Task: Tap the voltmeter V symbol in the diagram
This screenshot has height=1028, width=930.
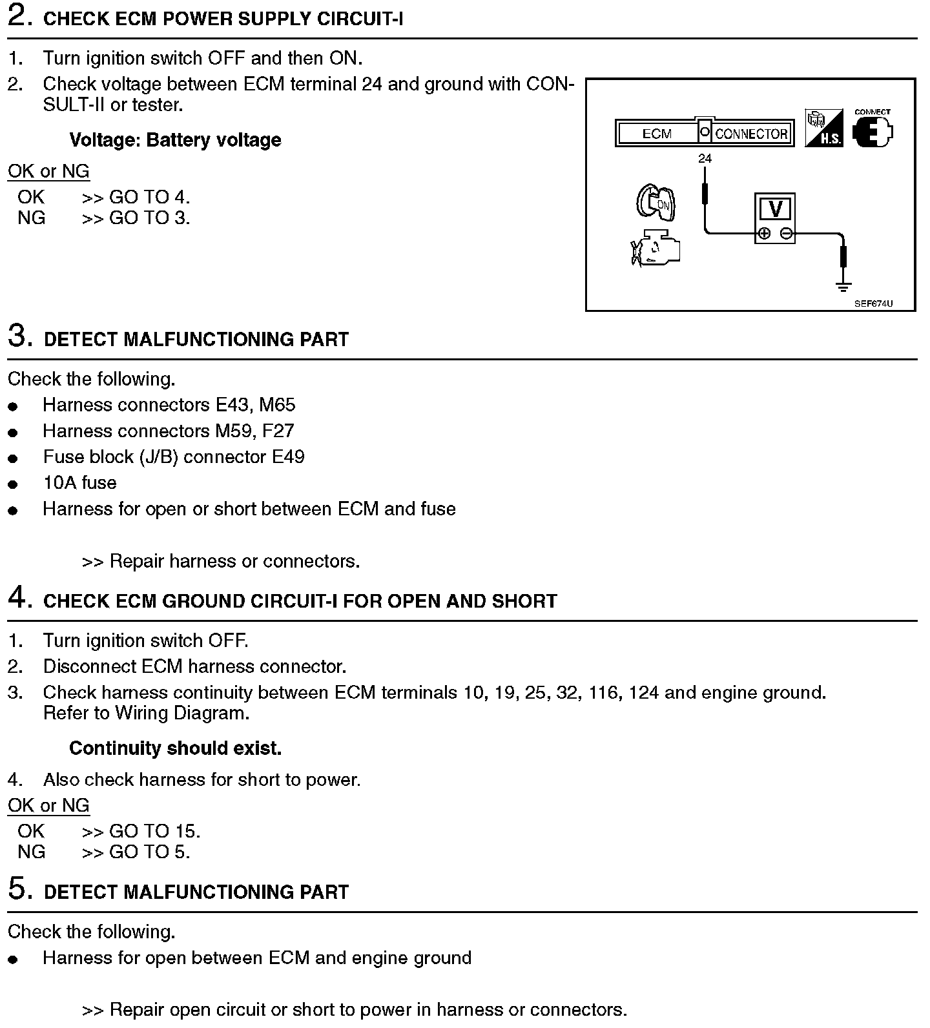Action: (x=775, y=209)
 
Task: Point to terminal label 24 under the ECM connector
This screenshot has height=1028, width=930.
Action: (x=705, y=158)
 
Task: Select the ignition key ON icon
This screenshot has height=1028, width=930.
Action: (x=655, y=202)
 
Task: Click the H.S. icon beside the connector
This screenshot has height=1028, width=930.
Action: (x=824, y=128)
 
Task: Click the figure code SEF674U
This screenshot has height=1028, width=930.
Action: (x=873, y=303)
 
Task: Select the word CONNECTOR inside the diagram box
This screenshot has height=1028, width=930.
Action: (x=752, y=134)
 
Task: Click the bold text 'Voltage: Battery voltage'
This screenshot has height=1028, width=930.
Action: (x=175, y=140)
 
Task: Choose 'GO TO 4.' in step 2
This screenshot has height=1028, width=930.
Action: (x=149, y=197)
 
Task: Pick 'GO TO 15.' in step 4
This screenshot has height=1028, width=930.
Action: (x=154, y=831)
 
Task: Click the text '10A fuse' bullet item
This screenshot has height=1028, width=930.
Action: (x=79, y=483)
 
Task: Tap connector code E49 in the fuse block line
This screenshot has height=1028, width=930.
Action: (x=288, y=457)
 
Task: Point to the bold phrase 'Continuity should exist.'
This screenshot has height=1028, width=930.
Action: (x=175, y=748)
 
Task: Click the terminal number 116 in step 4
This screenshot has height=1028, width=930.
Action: (x=603, y=693)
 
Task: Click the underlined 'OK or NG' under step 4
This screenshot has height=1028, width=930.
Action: (x=48, y=805)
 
